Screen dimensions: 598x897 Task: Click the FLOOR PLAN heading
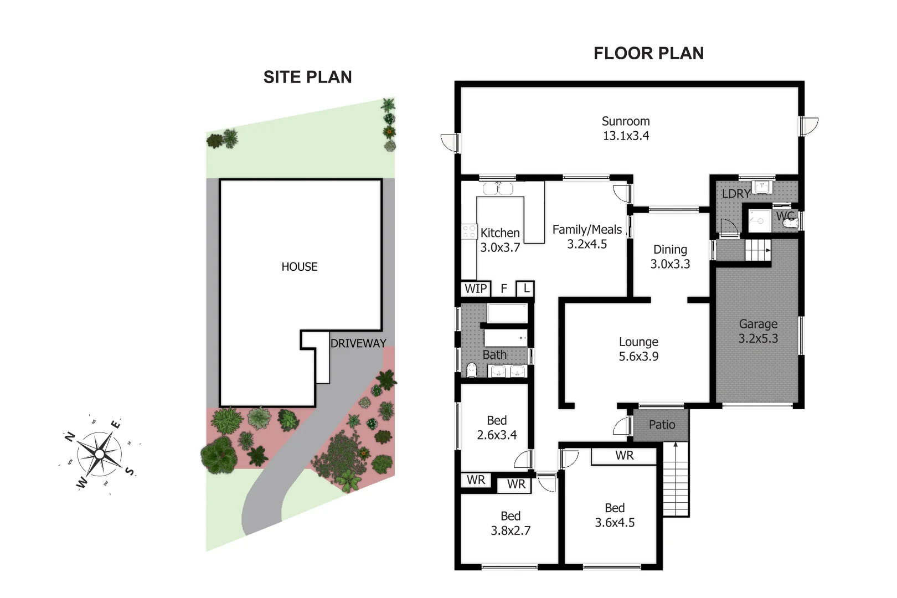click(x=648, y=53)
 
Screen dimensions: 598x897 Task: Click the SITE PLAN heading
click(x=307, y=77)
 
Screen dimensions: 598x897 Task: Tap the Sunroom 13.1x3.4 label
click(x=626, y=128)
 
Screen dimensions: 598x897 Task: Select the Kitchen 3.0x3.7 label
click(x=500, y=240)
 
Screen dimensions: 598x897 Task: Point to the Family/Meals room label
click(x=587, y=236)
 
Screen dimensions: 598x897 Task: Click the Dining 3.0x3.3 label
click(x=670, y=256)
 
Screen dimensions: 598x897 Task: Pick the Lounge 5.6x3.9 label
click(x=638, y=349)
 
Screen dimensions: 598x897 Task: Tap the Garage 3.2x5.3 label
click(x=758, y=331)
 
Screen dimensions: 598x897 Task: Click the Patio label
click(x=662, y=425)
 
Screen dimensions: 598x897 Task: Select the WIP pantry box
click(x=476, y=288)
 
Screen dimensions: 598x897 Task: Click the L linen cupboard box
click(x=525, y=288)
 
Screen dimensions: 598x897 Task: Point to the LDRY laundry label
click(x=735, y=194)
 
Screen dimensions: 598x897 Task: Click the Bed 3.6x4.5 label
click(x=615, y=515)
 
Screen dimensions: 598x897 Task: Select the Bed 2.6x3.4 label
click(x=497, y=427)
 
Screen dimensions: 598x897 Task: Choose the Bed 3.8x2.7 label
click(x=511, y=523)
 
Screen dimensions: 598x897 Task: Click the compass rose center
click(x=99, y=455)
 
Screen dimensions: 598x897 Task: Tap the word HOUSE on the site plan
click(x=299, y=267)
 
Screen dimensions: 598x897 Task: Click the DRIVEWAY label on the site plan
click(x=358, y=343)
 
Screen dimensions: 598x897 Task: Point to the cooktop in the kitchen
click(x=469, y=231)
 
